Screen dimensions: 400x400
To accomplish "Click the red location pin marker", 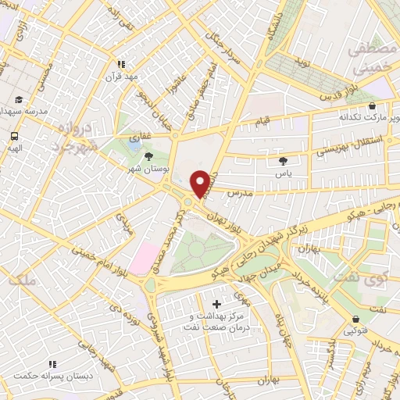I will pyautogui.click(x=201, y=184).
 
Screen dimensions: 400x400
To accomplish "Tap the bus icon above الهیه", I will pyautogui.click(x=14, y=134).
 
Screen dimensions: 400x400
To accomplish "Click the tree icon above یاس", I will pyautogui.click(x=283, y=161).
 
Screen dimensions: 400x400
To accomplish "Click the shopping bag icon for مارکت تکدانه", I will pyautogui.click(x=371, y=105).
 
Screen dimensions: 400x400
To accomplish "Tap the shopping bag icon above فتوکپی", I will pyautogui.click(x=357, y=319).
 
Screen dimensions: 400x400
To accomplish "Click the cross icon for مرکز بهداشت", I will pyautogui.click(x=216, y=302).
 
